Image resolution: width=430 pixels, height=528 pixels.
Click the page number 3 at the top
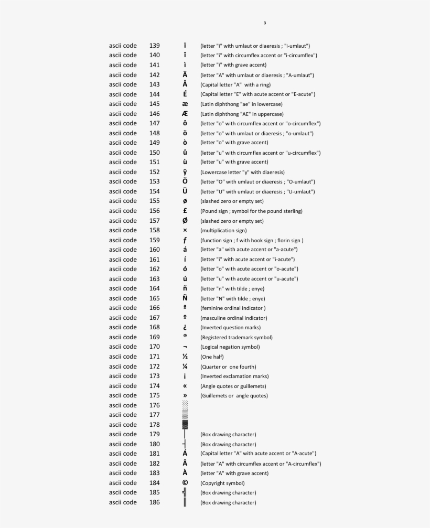click(265, 23)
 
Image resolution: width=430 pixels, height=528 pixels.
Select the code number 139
click(155, 46)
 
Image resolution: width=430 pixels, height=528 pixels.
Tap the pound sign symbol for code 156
click(185, 211)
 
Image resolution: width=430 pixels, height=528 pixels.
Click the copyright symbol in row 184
click(185, 483)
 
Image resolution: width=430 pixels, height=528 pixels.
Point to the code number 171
click(155, 357)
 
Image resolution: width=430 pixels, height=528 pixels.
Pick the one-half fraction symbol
click(185, 357)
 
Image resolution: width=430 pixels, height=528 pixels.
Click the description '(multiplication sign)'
click(223, 230)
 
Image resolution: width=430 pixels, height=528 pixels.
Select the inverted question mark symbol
click(185, 327)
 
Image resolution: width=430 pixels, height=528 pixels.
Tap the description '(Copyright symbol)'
click(222, 483)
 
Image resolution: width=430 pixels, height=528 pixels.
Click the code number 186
click(155, 502)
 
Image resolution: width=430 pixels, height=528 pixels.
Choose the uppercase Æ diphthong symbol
click(185, 114)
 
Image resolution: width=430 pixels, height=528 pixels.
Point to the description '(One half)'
click(212, 357)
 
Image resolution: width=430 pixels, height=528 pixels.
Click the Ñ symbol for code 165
click(185, 298)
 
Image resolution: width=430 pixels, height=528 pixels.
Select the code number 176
click(155, 405)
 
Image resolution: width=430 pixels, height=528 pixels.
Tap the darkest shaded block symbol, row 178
click(185, 425)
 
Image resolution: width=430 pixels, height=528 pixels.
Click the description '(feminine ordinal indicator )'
click(233, 308)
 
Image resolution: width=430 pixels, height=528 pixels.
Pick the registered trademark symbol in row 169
click(185, 336)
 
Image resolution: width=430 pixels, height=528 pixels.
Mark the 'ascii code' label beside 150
click(123, 153)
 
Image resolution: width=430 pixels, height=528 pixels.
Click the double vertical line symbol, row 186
click(185, 502)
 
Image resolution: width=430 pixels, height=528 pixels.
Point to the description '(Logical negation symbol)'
click(230, 347)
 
